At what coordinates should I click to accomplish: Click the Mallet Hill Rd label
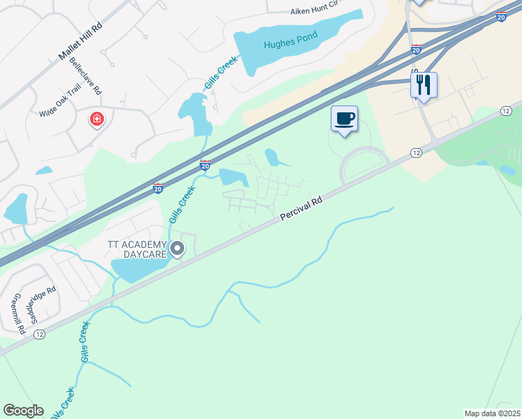(80, 43)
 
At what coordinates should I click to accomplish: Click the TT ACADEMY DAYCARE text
(137, 249)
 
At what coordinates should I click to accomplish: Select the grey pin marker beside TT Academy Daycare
(177, 248)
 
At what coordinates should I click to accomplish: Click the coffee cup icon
(344, 119)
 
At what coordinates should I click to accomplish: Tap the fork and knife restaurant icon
(424, 85)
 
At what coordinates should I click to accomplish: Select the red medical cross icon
(96, 119)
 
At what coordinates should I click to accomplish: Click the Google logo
(23, 411)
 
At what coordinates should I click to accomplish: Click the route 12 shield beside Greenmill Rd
(39, 335)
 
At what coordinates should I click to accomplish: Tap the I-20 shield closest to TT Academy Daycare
(158, 188)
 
